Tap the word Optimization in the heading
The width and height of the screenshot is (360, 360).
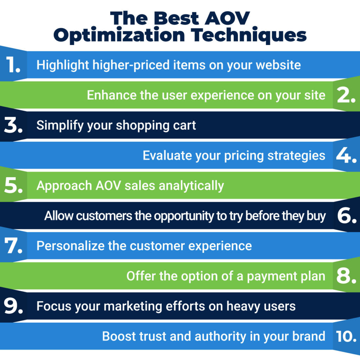(119, 35)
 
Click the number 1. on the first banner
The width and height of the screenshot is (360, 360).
(13, 65)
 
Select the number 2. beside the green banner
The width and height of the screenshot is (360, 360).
(346, 95)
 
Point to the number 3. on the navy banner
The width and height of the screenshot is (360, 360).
(13, 126)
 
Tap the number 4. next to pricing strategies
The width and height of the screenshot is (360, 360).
(346, 155)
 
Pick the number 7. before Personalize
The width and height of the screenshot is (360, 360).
(13, 246)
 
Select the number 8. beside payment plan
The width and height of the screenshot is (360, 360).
(346, 276)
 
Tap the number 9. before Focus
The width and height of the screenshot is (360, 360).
(13, 306)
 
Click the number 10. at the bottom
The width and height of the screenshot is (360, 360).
(346, 336)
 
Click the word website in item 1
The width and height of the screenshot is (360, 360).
(278, 65)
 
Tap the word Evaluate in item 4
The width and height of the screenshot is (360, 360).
(167, 155)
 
